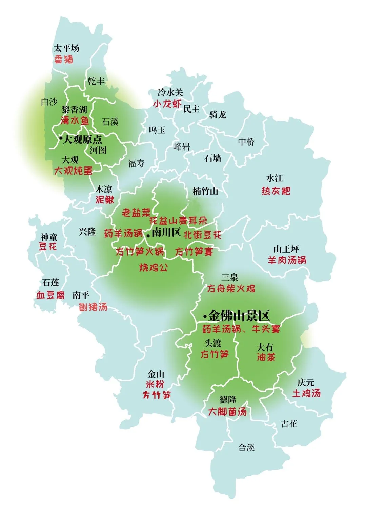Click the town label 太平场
(x=67, y=48)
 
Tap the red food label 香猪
(x=64, y=60)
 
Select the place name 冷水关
(x=170, y=92)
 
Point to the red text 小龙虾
(x=167, y=104)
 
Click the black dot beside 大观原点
(x=61, y=138)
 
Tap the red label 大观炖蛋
(x=73, y=171)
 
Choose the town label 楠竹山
(x=205, y=192)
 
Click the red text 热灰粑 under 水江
(x=276, y=191)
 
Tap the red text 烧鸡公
(x=153, y=268)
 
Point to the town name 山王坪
(x=286, y=249)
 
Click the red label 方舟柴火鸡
(x=231, y=289)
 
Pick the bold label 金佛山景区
(x=239, y=316)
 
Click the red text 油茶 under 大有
(x=266, y=357)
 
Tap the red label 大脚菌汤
(x=227, y=412)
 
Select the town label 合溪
(x=246, y=447)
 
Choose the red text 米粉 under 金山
(x=155, y=384)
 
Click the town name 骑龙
(x=218, y=115)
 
